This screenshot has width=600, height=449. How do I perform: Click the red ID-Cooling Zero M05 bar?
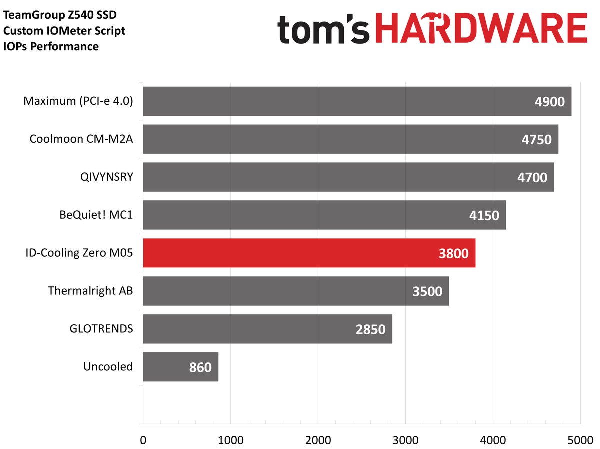tap(309, 253)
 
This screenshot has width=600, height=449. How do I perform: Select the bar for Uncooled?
tap(180, 367)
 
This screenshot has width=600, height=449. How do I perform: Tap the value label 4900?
tap(549, 101)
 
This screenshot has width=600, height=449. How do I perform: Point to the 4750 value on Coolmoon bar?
tap(536, 139)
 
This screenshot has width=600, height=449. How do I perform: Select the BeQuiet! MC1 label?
tap(95, 215)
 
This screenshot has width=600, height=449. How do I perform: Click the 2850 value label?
tap(370, 329)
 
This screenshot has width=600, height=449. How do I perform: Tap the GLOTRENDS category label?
tap(101, 329)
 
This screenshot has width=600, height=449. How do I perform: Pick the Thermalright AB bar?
tap(296, 291)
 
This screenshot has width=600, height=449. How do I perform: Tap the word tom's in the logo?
tap(323, 29)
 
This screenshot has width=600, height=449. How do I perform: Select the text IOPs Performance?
tap(51, 47)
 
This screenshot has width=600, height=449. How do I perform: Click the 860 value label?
tap(200, 367)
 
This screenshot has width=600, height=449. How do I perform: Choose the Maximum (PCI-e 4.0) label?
tap(78, 101)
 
